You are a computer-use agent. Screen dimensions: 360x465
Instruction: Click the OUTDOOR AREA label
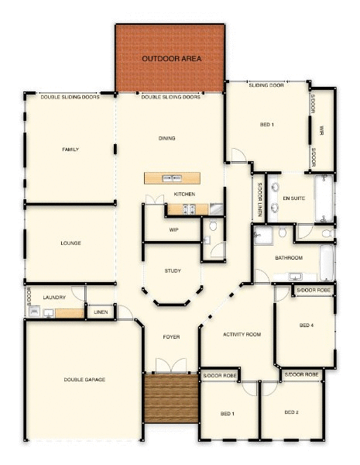[x=172, y=59]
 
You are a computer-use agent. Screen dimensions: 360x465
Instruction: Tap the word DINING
[x=166, y=138]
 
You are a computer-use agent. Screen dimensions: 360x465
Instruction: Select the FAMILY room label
[x=70, y=150]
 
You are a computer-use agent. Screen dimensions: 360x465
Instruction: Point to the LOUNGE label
[x=70, y=243]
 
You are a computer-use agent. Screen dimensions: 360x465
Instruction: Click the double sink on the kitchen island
[x=172, y=178]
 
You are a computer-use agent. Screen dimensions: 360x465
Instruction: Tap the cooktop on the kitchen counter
[x=189, y=209]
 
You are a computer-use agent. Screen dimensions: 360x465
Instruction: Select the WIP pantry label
[x=173, y=230]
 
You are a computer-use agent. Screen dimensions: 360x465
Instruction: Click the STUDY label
[x=173, y=270]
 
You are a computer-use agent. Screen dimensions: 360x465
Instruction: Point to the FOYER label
[x=171, y=337]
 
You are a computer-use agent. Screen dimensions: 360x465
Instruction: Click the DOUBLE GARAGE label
[x=84, y=380]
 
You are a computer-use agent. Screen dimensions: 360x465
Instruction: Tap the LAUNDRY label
[x=54, y=298]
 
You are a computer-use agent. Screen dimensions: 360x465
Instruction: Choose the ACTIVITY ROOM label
[x=242, y=335]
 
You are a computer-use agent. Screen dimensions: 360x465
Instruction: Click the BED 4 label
[x=307, y=325]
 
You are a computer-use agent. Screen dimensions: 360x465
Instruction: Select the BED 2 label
[x=292, y=412]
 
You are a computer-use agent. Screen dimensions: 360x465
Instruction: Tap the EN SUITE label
[x=293, y=198]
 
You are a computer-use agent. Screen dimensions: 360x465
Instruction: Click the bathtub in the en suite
[x=324, y=198]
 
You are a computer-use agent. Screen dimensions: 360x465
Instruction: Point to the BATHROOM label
[x=289, y=258]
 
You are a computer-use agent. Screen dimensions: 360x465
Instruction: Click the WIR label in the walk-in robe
[x=321, y=130]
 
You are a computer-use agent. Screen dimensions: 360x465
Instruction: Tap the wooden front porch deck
[x=171, y=398]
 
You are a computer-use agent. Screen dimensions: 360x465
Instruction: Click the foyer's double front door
[x=171, y=365]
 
